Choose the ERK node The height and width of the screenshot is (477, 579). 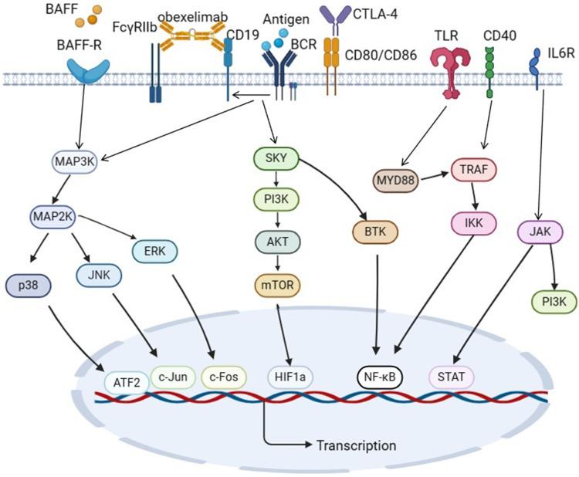point(155,249)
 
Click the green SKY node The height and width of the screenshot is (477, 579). point(276,159)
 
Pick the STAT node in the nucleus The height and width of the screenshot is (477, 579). point(452,377)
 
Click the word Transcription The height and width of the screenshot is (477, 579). point(356,445)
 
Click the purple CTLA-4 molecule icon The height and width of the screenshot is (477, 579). point(334,15)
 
